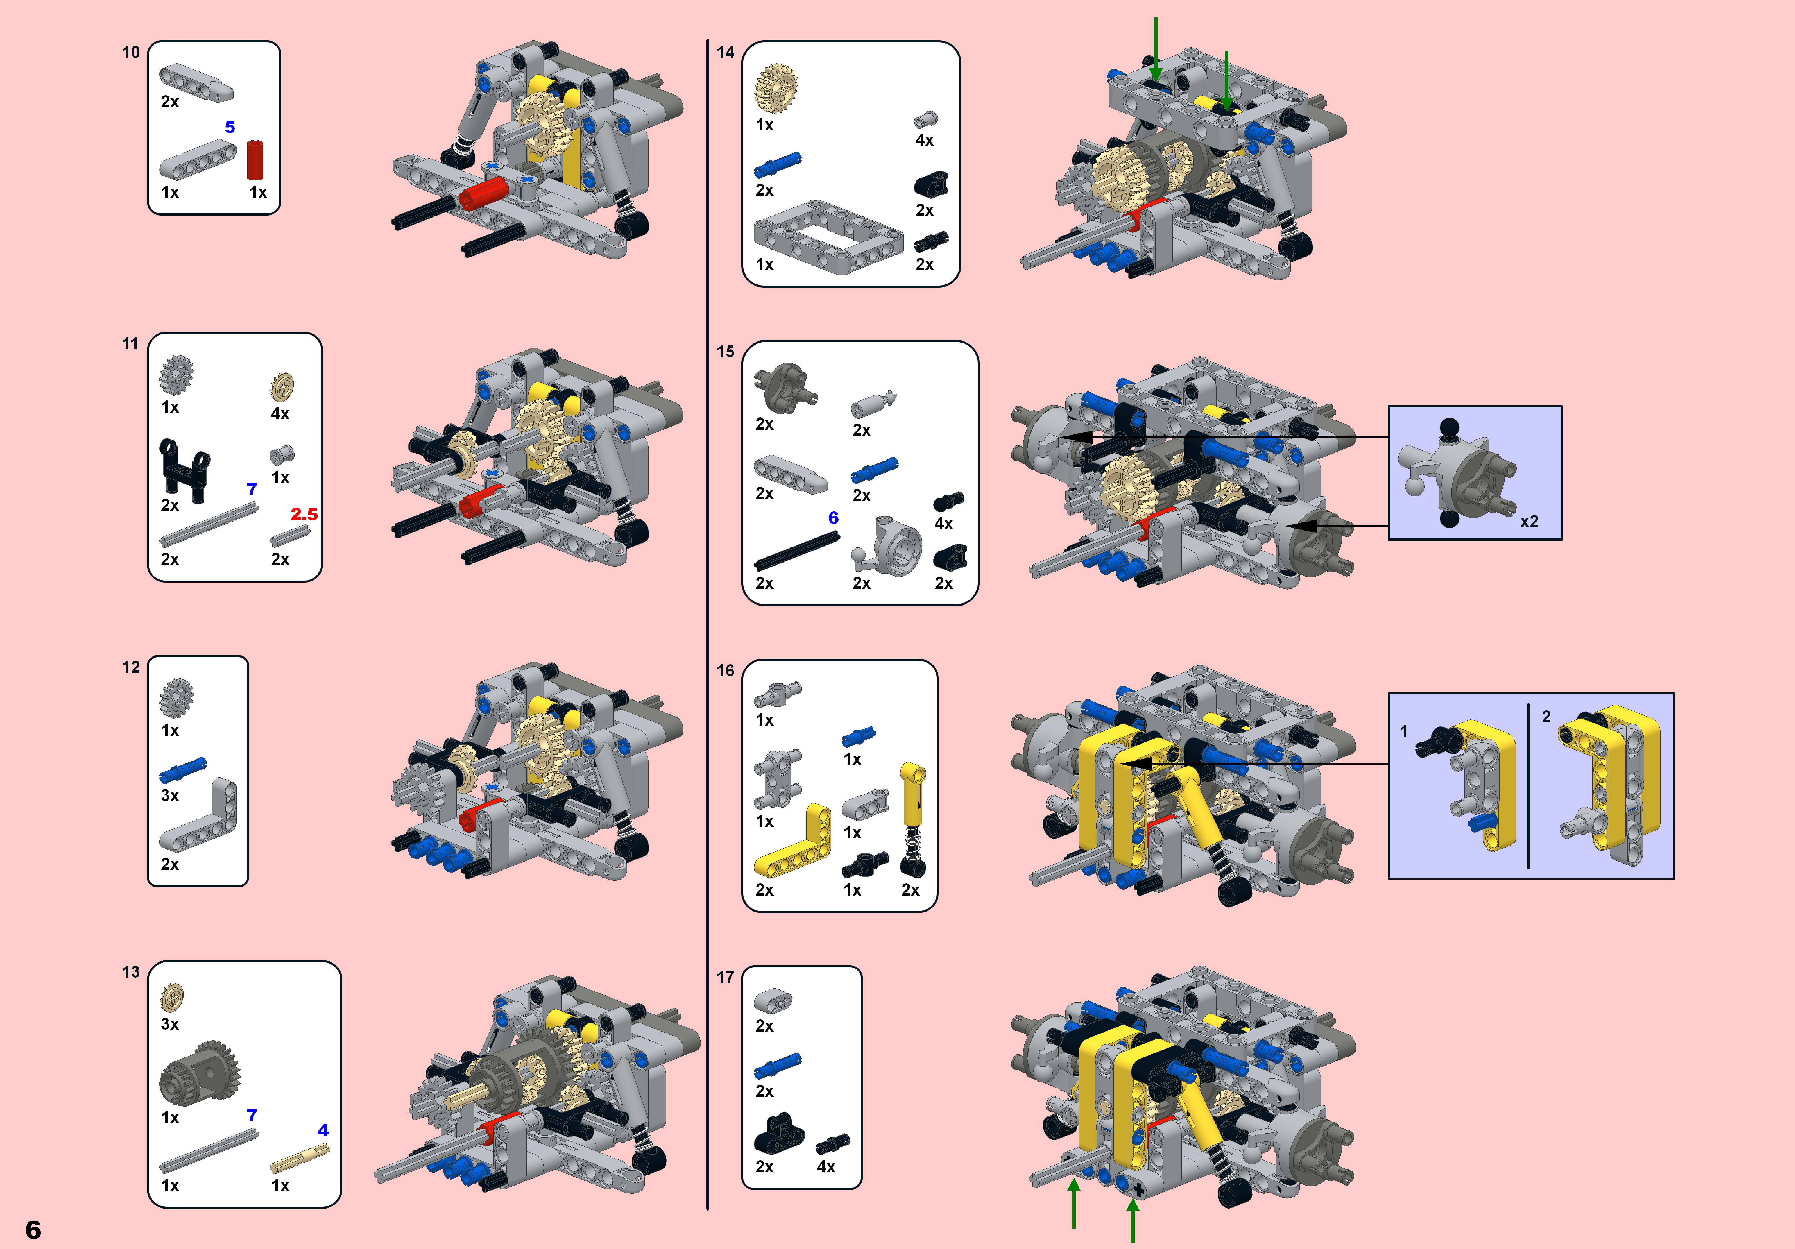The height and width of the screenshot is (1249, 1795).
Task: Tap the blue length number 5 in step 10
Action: coord(230,127)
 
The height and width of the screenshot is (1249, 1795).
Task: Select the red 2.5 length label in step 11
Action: coord(304,515)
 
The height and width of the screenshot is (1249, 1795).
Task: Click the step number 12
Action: coord(131,667)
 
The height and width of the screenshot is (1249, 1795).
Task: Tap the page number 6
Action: coord(33,1229)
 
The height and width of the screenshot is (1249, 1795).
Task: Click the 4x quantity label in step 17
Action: coord(826,1167)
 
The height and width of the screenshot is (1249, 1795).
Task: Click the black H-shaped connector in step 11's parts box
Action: coord(185,469)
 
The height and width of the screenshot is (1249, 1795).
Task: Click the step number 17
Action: coord(725,977)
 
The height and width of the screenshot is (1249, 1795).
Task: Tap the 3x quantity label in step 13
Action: coord(170,1024)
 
